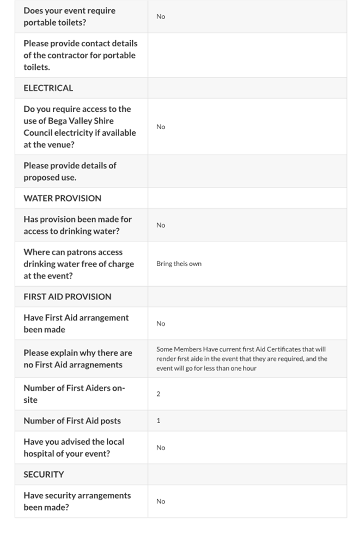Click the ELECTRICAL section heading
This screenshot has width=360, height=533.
click(x=48, y=88)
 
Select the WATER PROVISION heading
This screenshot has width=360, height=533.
click(x=62, y=198)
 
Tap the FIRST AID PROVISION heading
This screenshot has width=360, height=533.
click(x=67, y=296)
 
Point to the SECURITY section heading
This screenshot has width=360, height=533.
click(x=44, y=475)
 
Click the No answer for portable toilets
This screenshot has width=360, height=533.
click(x=161, y=16)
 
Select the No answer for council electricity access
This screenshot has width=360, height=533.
click(x=161, y=126)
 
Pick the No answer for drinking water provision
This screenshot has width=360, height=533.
click(x=161, y=225)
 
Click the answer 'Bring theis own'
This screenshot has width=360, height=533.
click(x=179, y=264)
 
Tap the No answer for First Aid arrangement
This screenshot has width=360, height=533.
click(x=161, y=324)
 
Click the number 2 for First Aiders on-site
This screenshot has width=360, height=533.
click(x=158, y=394)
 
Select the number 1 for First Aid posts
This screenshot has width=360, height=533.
click(x=158, y=421)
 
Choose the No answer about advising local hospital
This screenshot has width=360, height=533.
click(x=161, y=447)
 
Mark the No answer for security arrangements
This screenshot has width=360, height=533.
click(x=161, y=501)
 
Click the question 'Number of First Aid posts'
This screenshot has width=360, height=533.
click(x=72, y=421)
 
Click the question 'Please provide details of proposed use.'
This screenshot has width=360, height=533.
click(x=70, y=171)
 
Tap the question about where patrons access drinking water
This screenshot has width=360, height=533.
click(x=78, y=264)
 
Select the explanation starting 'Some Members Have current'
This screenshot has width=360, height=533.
click(x=242, y=359)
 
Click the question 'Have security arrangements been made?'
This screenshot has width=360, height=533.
click(x=77, y=501)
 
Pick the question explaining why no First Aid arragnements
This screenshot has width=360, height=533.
click(x=77, y=359)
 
